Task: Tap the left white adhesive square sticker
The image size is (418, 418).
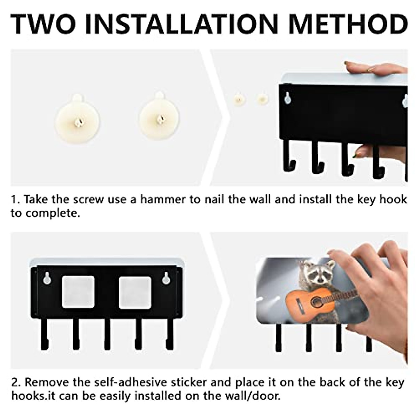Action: (78, 292)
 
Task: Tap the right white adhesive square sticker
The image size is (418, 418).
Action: (135, 292)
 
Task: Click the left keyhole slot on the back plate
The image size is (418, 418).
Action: (47, 278)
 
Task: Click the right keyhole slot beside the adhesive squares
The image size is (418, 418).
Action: (166, 278)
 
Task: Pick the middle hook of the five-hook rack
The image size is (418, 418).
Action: (107, 334)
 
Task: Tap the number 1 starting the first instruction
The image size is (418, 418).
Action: (14, 200)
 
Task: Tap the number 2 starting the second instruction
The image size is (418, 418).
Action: (15, 382)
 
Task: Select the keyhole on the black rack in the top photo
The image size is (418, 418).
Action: (287, 98)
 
